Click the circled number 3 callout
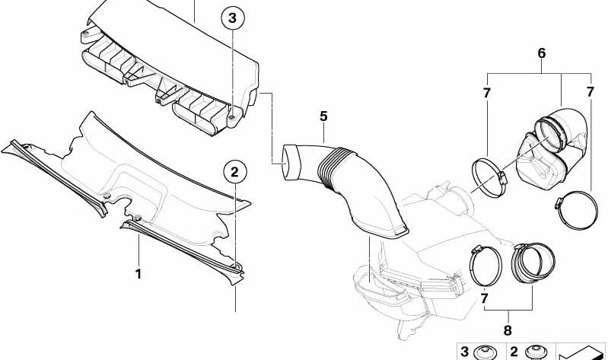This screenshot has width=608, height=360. pos(232,18)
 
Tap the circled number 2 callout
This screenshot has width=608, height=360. pos(234,172)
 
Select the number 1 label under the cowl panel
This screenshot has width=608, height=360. pos(138,274)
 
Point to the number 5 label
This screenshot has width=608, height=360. pos(323,116)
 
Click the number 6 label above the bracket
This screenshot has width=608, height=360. pos(541,53)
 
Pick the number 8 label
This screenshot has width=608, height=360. pos(508,330)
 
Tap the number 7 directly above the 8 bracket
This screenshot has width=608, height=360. pos(484,298)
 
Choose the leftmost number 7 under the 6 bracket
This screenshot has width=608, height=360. pos(487,93)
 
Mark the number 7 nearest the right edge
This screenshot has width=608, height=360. pos(590,92)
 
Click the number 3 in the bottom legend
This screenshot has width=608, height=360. pos(464,352)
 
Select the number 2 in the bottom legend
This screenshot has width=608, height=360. pos(514,352)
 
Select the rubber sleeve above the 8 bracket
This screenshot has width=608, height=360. pos(534,263)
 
